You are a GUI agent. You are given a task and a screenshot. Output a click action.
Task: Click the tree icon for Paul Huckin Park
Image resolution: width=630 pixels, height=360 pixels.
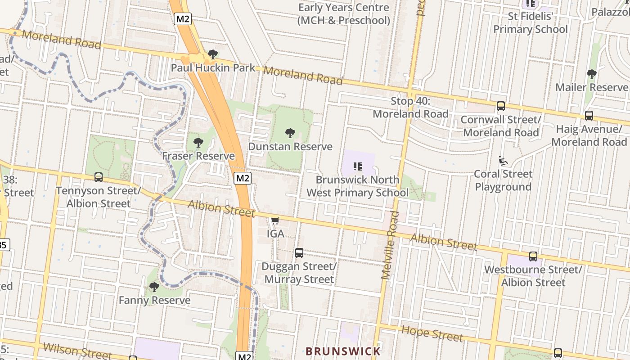[x=213, y=55]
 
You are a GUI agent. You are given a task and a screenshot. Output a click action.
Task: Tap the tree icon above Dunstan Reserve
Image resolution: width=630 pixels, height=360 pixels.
[x=290, y=133]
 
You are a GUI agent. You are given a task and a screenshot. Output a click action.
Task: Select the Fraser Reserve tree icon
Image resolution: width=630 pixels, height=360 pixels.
[x=198, y=143]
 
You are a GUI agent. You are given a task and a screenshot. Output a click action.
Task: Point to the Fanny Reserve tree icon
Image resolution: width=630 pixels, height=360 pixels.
[x=154, y=287]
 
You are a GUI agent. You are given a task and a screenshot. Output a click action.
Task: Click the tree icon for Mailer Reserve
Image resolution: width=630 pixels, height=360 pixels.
[x=591, y=74]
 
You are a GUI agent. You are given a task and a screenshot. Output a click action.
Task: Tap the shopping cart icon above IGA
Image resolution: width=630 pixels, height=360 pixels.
[x=275, y=221]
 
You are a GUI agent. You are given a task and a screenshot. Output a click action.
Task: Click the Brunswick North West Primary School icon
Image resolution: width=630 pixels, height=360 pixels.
[x=358, y=166]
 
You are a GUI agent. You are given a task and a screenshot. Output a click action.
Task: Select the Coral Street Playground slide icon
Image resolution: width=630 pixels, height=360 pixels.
[x=503, y=161]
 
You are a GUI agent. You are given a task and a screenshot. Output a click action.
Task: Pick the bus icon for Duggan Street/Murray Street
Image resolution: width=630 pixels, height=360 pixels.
[x=299, y=253]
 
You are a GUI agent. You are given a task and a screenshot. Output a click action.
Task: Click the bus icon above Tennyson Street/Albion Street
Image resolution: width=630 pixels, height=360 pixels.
[x=99, y=177]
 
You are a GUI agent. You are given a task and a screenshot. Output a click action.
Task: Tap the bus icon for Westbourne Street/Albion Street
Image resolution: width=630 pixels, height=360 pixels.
[x=533, y=256]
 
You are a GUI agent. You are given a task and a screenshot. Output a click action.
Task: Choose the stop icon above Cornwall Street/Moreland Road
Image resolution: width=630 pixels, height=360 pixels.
[x=501, y=106]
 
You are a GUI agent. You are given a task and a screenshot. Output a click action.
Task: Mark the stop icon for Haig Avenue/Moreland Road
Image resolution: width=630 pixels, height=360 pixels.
[x=589, y=116]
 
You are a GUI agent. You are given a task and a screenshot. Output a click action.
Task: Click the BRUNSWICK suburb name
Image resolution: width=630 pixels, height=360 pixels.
[x=343, y=351]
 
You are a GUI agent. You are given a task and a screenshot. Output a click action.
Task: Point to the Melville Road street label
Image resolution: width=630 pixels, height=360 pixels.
[x=390, y=246]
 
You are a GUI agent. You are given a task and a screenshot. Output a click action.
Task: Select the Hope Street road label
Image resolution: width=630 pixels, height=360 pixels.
[x=432, y=333]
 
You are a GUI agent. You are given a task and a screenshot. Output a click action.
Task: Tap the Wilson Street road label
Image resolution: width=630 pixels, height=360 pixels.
[x=77, y=351]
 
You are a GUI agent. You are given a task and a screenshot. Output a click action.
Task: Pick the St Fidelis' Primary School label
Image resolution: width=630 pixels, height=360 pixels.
[x=531, y=23]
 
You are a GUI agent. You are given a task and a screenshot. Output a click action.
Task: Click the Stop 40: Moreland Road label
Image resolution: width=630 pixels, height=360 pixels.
[x=410, y=108]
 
